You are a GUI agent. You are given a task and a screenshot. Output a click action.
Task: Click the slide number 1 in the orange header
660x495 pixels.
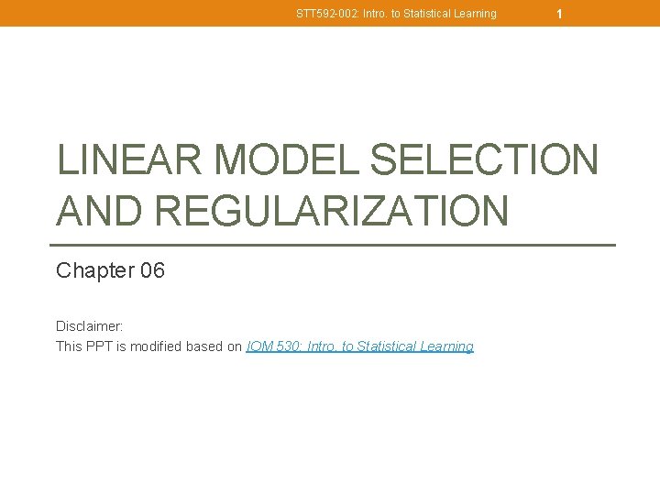(x=559, y=14)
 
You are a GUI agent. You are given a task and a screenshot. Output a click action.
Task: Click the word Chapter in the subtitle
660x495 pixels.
(x=93, y=270)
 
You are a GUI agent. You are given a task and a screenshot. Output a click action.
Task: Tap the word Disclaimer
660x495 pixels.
(x=90, y=326)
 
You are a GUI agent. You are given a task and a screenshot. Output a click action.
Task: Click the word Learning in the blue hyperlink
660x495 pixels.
(x=448, y=346)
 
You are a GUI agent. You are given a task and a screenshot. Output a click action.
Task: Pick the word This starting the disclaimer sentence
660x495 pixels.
(x=70, y=346)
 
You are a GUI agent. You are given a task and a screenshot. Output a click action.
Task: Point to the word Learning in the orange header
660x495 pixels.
(x=474, y=14)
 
